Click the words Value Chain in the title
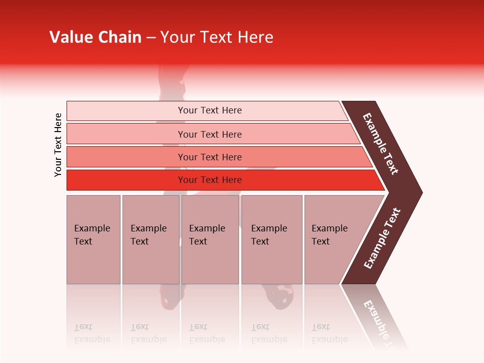pos(95,37)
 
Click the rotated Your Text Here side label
pos(58,145)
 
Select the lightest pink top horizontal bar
pos(126,111)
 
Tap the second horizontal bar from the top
pos(126,134)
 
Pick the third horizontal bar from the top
pos(126,157)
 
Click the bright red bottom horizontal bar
pos(126,180)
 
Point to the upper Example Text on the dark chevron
pos(381,144)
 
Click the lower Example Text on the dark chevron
pos(382,238)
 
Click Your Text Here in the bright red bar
pos(210,180)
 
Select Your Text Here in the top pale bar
pos(210,110)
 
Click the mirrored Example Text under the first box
pos(92,333)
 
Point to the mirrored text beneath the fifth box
pos(329,333)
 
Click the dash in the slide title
pos(151,37)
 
